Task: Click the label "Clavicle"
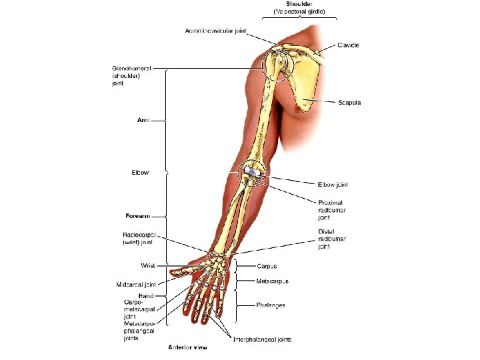coord(349,45)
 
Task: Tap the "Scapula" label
coord(349,102)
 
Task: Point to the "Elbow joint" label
coord(333,185)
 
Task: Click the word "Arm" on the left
coord(143,121)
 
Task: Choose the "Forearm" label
coord(137,216)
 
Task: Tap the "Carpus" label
coord(267,266)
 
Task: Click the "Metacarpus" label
coord(272,281)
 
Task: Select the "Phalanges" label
coord(271,305)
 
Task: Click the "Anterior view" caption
coord(187,347)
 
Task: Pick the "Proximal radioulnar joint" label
coord(331,209)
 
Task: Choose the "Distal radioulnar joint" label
coord(331,239)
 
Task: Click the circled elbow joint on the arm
coord(253,175)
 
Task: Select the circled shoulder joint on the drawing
coord(278,65)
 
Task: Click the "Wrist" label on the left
coord(147,265)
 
